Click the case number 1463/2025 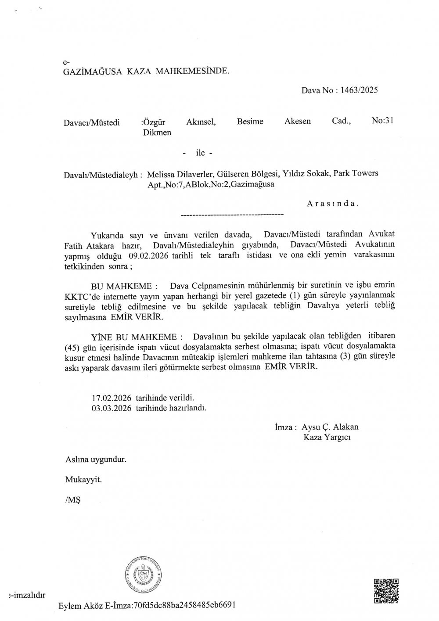(359, 91)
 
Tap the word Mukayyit (83, 479)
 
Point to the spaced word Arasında (333, 204)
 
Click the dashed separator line (232, 215)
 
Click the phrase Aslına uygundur (96, 460)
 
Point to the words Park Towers (356, 173)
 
